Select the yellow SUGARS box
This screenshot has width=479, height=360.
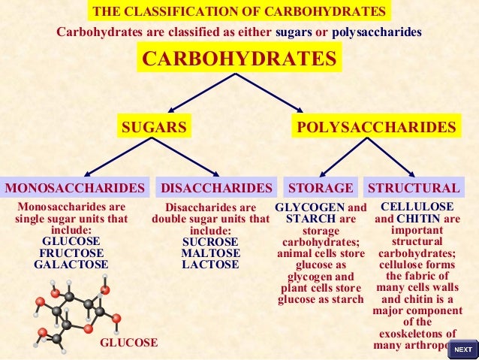pos(154,127)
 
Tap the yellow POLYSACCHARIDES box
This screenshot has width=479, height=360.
pos(376,127)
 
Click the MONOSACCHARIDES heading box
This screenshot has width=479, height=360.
pos(74,188)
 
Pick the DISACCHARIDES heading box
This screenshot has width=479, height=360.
pos(216,188)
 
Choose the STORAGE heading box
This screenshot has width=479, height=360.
pos(321,188)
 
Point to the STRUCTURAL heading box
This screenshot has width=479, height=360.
pos(413,188)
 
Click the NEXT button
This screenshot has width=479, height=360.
pos(463,349)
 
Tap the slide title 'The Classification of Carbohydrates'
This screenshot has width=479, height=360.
pos(239,12)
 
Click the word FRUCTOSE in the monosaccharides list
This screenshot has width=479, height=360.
pos(72,253)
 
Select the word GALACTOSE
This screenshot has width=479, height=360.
pos(71,265)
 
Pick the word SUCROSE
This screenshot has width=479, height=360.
pos(210,242)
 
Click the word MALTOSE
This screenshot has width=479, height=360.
pos(210,253)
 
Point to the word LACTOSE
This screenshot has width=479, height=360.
pos(210,265)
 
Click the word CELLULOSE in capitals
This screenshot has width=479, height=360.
pos(417,207)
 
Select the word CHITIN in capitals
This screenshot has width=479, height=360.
pos(420,219)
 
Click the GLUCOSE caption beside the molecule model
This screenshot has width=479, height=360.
pos(128,343)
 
